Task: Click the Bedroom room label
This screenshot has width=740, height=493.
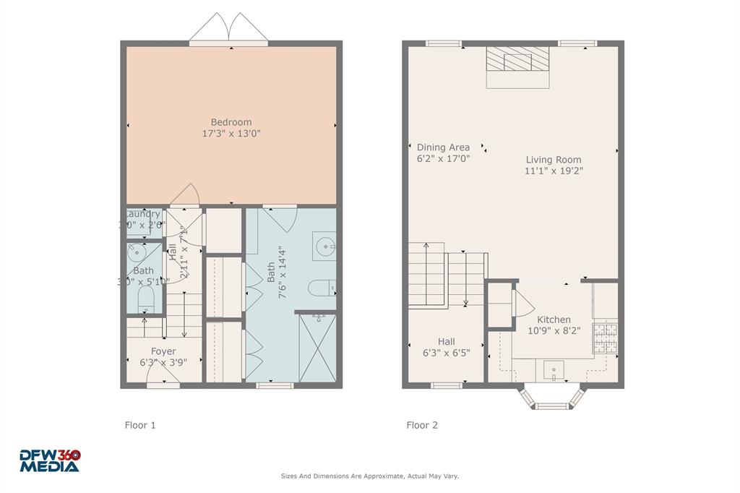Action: (x=231, y=122)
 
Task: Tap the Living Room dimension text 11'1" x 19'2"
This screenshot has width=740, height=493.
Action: (x=554, y=171)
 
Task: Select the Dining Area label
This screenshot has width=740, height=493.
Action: (x=443, y=147)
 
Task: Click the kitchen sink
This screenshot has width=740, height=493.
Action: (x=554, y=370)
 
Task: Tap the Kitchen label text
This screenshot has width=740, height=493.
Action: (x=554, y=320)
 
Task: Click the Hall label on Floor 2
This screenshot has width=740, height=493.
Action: (x=446, y=342)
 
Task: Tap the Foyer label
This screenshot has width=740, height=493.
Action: (x=163, y=351)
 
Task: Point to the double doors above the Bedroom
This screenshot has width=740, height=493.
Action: (x=229, y=28)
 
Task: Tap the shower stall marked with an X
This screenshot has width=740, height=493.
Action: (x=317, y=348)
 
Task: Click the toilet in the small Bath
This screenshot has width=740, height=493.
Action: (x=144, y=300)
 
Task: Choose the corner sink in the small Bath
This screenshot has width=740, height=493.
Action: (x=135, y=252)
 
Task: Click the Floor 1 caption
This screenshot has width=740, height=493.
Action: (x=140, y=425)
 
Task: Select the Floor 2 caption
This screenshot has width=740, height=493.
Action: (x=422, y=425)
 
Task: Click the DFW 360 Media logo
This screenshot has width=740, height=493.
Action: (x=50, y=460)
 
